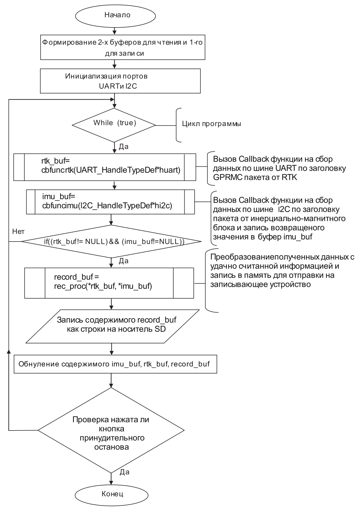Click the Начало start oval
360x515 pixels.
click(117, 15)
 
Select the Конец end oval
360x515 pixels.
click(112, 494)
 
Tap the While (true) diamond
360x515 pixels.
click(114, 125)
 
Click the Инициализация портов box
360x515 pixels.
click(120, 81)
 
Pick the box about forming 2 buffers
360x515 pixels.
click(122, 48)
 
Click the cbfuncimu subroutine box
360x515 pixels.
click(110, 202)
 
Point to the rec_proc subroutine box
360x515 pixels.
click(109, 283)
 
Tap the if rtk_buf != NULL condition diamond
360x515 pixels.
click(112, 242)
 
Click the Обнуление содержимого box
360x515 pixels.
click(115, 364)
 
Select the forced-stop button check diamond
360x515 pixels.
click(111, 430)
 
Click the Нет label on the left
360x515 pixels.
click(18, 231)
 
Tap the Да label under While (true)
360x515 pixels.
click(124, 146)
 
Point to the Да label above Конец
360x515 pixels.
click(125, 472)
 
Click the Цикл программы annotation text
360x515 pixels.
click(212, 124)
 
